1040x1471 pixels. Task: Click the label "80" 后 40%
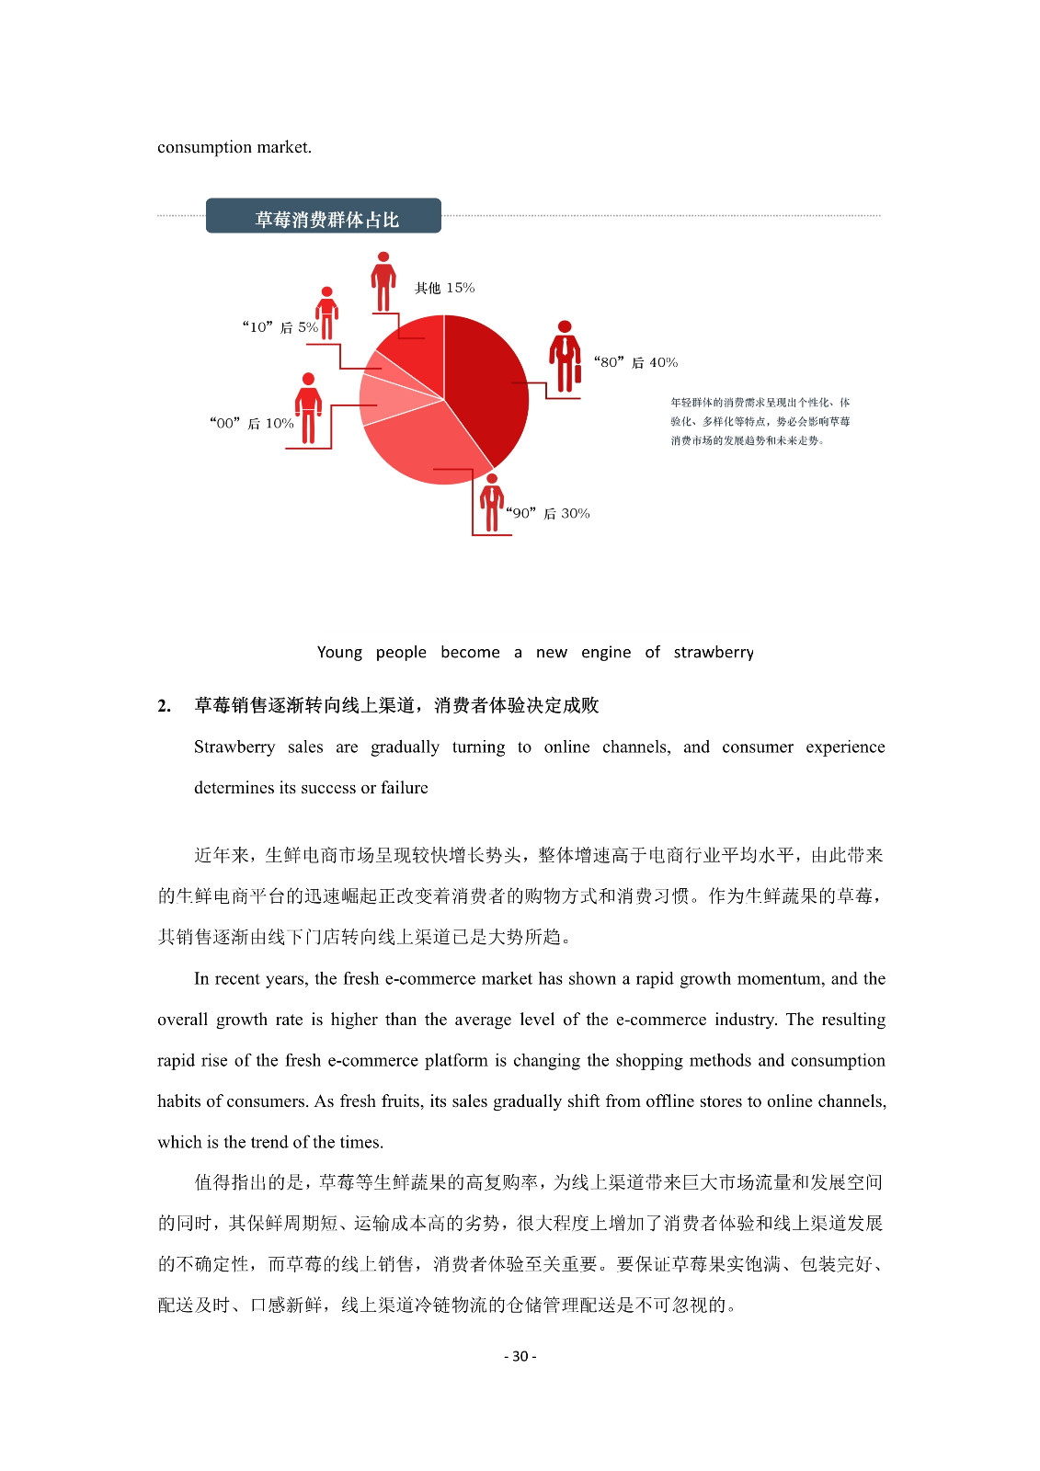click(x=635, y=363)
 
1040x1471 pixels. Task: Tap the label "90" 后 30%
click(x=548, y=514)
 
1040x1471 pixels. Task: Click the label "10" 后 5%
click(x=280, y=327)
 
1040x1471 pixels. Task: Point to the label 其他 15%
click(x=444, y=289)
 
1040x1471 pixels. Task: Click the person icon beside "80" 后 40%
click(x=565, y=358)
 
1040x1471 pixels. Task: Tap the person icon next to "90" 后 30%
click(x=492, y=502)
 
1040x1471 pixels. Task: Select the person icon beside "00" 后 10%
click(x=308, y=409)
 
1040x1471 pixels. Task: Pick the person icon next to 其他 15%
click(x=383, y=281)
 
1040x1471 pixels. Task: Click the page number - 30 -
click(x=520, y=1356)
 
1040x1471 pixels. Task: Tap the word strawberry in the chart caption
click(x=714, y=653)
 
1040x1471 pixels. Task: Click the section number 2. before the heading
click(x=164, y=706)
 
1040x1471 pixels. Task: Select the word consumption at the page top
click(x=204, y=147)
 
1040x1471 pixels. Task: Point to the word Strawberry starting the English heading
click(x=234, y=747)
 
